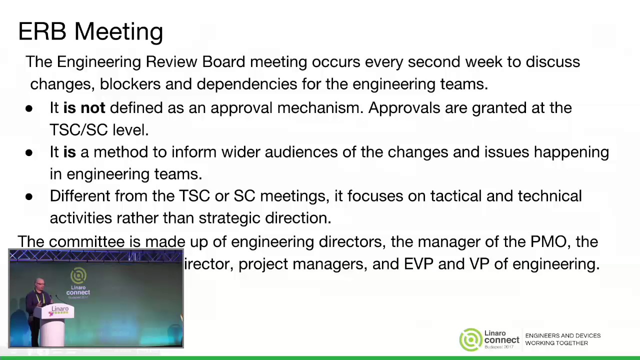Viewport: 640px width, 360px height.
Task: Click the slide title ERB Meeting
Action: (x=90, y=31)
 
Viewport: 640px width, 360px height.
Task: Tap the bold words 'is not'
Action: (x=84, y=108)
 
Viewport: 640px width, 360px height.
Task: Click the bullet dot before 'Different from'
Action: (x=29, y=196)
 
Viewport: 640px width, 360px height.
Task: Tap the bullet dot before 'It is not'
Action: (x=29, y=108)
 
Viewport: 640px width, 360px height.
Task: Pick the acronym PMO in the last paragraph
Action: (x=548, y=242)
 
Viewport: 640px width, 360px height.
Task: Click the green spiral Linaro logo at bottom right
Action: (x=470, y=340)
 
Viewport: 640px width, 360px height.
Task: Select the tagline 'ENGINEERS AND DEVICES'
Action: (x=562, y=336)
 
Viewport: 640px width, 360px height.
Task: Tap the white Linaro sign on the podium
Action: (x=59, y=311)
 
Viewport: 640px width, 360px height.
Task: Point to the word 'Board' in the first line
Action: (x=223, y=62)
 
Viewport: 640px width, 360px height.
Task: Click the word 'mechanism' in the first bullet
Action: (x=320, y=108)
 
